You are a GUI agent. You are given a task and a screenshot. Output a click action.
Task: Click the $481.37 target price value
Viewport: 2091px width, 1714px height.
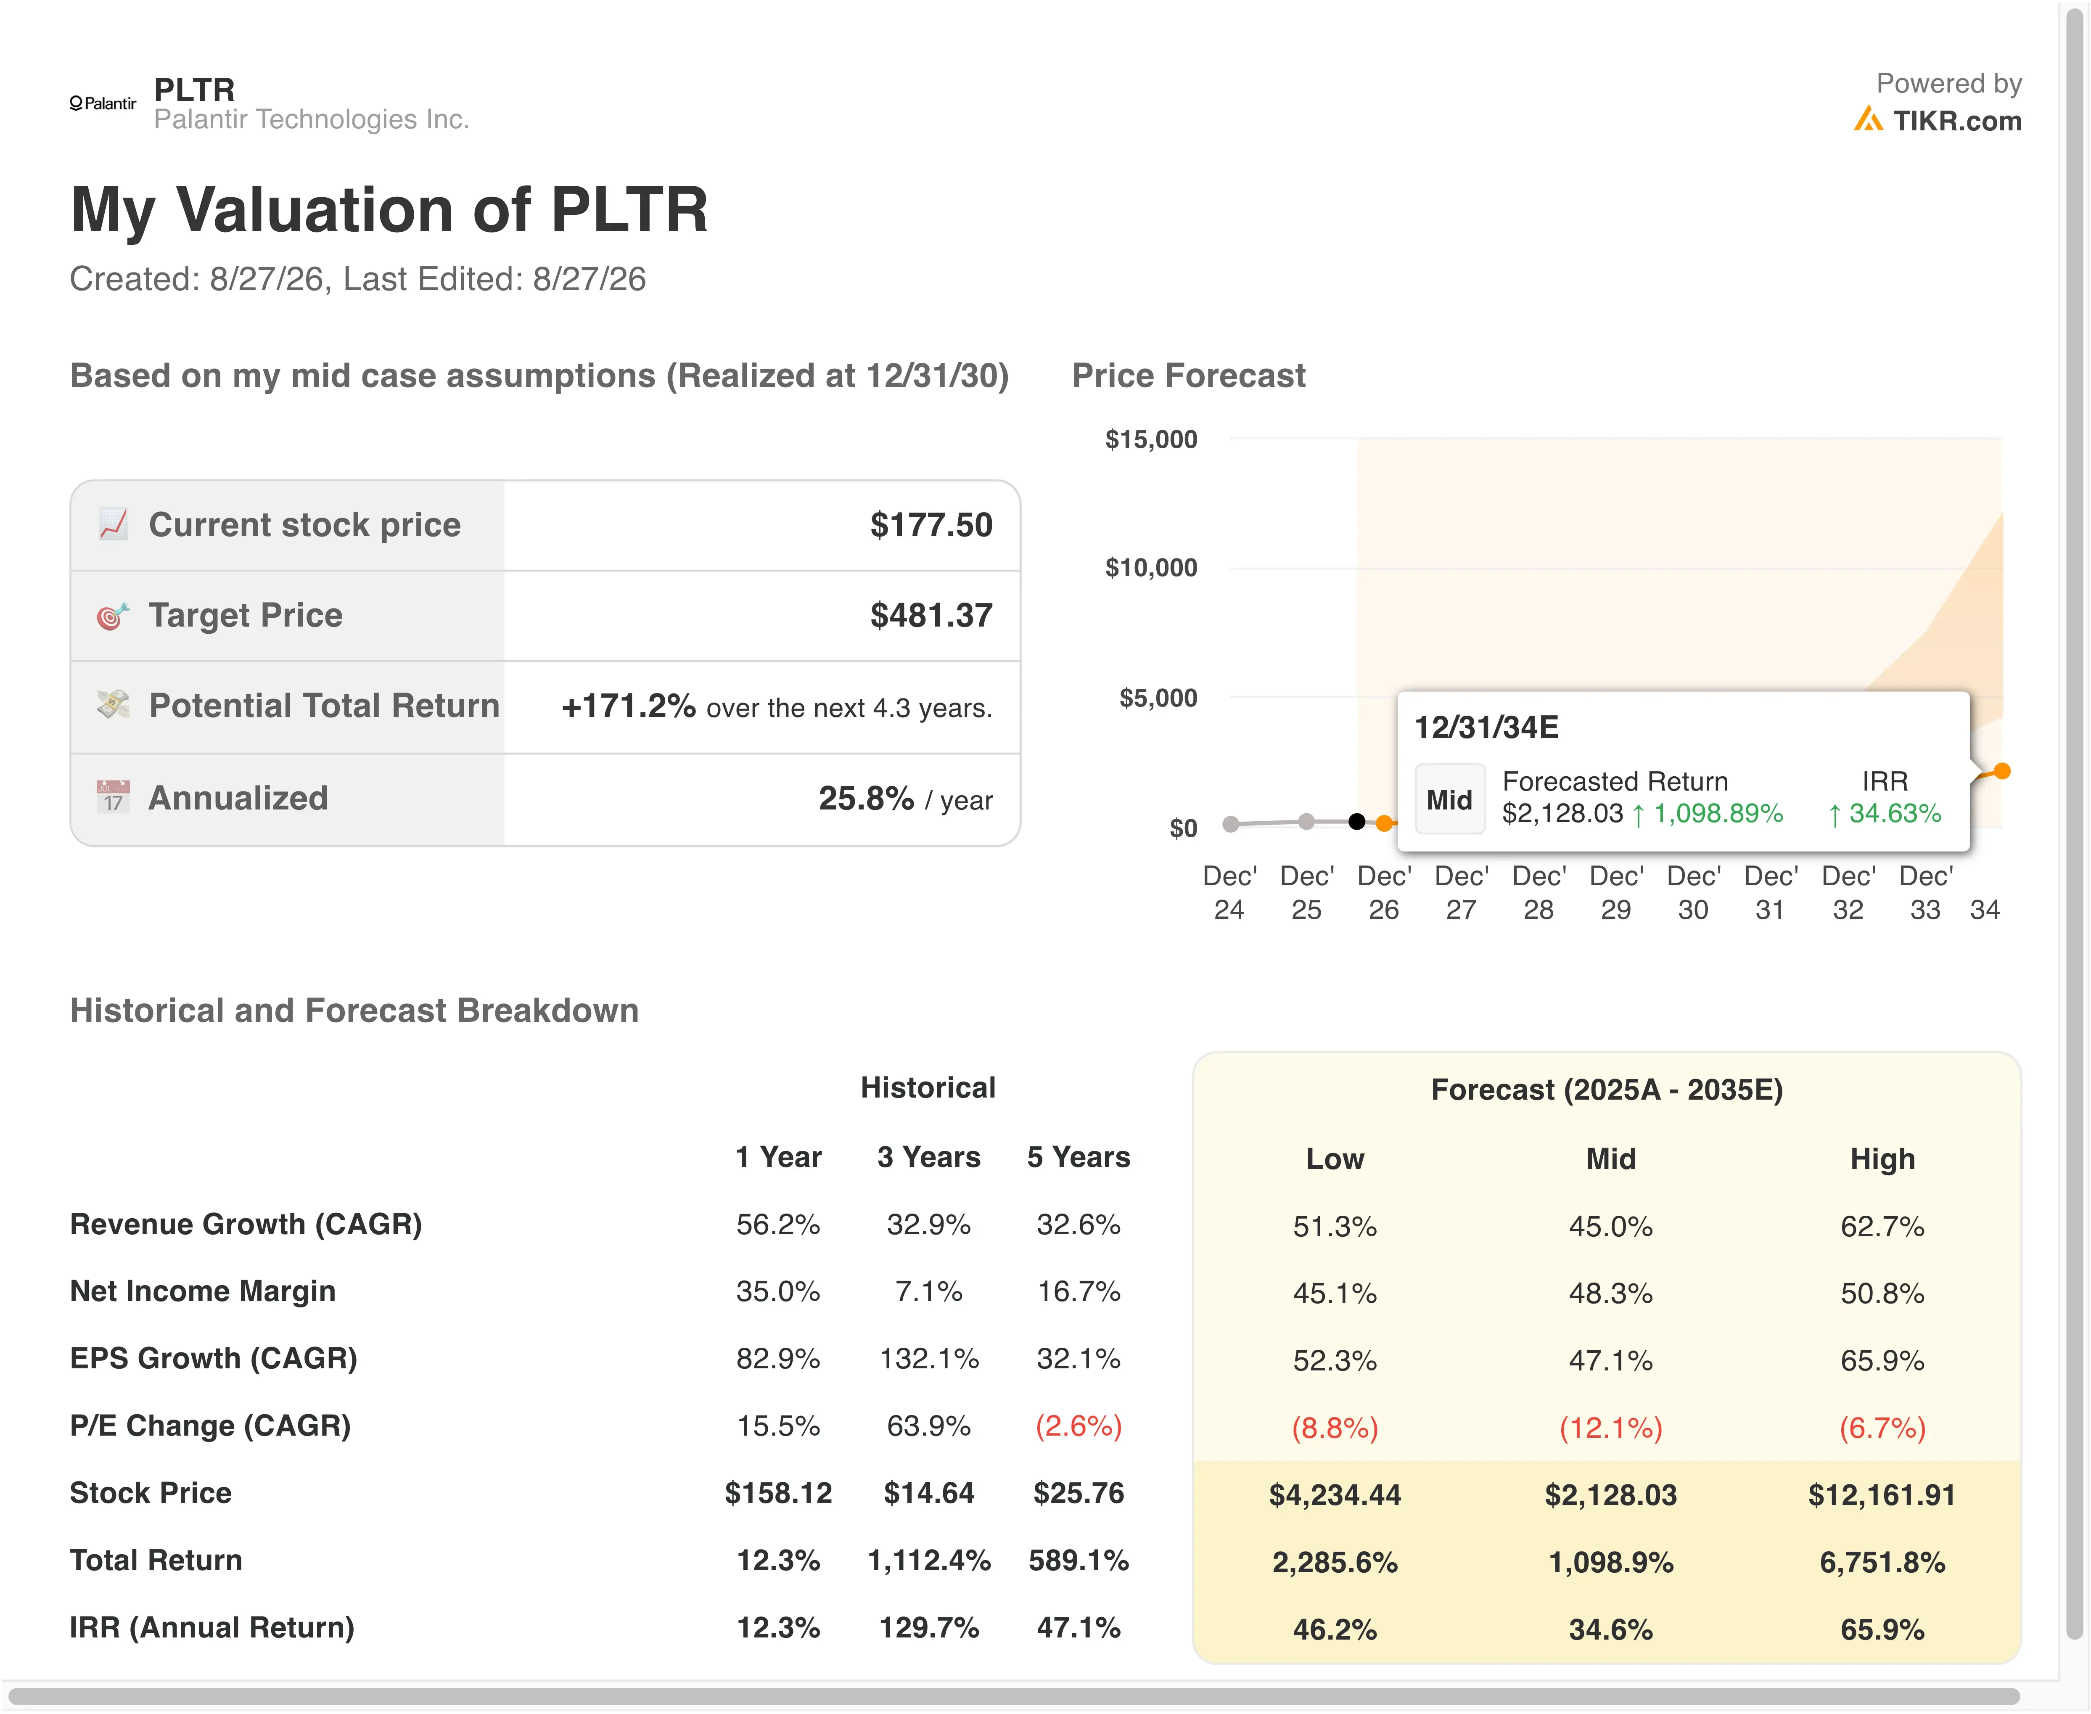(x=931, y=615)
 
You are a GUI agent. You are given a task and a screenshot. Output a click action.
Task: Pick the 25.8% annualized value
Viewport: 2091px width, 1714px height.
(x=866, y=798)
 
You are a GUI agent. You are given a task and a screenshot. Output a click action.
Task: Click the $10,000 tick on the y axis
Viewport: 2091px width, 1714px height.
(x=1151, y=568)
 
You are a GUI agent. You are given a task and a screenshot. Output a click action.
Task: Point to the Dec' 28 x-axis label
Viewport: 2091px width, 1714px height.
(x=1538, y=893)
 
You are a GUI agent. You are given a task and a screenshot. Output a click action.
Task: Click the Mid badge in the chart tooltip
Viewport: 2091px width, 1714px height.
(x=1449, y=800)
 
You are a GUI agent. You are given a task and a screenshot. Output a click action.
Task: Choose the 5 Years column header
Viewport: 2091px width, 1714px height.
(x=1078, y=1157)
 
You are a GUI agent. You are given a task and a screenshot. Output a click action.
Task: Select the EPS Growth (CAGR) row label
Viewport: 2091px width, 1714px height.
(x=213, y=1359)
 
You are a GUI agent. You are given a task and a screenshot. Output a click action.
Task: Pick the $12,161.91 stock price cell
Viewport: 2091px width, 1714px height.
(x=1882, y=1495)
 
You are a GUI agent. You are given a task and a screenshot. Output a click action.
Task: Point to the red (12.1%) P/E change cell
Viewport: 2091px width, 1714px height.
(x=1610, y=1428)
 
